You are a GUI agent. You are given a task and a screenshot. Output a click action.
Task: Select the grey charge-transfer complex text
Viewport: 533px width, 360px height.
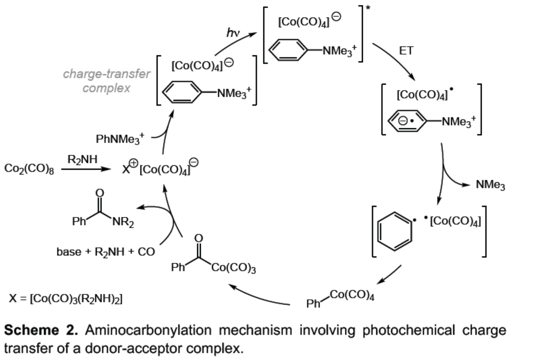pyautogui.click(x=107, y=81)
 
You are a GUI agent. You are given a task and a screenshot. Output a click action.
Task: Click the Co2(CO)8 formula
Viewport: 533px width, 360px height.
pyautogui.click(x=28, y=169)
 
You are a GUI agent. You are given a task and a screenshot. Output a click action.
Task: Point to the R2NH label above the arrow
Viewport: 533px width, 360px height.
pyautogui.click(x=82, y=159)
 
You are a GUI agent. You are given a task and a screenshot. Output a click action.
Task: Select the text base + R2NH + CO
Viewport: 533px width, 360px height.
pyautogui.click(x=105, y=252)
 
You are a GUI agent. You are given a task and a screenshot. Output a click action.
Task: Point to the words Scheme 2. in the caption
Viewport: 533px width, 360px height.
pyautogui.click(x=41, y=331)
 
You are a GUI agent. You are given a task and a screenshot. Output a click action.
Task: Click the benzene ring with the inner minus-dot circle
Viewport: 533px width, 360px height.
pyautogui.click(x=408, y=121)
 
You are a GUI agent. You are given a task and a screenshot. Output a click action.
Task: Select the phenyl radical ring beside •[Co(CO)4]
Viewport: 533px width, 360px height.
pyautogui.click(x=394, y=231)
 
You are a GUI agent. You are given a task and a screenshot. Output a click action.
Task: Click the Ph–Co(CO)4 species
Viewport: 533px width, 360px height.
pyautogui.click(x=340, y=299)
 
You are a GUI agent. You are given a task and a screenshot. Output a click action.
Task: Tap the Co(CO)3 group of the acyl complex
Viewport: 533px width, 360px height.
pyautogui.click(x=234, y=268)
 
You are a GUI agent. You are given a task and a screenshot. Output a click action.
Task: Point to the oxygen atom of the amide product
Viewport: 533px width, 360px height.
pyautogui.click(x=100, y=193)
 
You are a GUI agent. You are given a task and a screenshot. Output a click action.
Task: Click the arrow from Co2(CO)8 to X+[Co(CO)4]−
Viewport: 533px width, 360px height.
pyautogui.click(x=86, y=169)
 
